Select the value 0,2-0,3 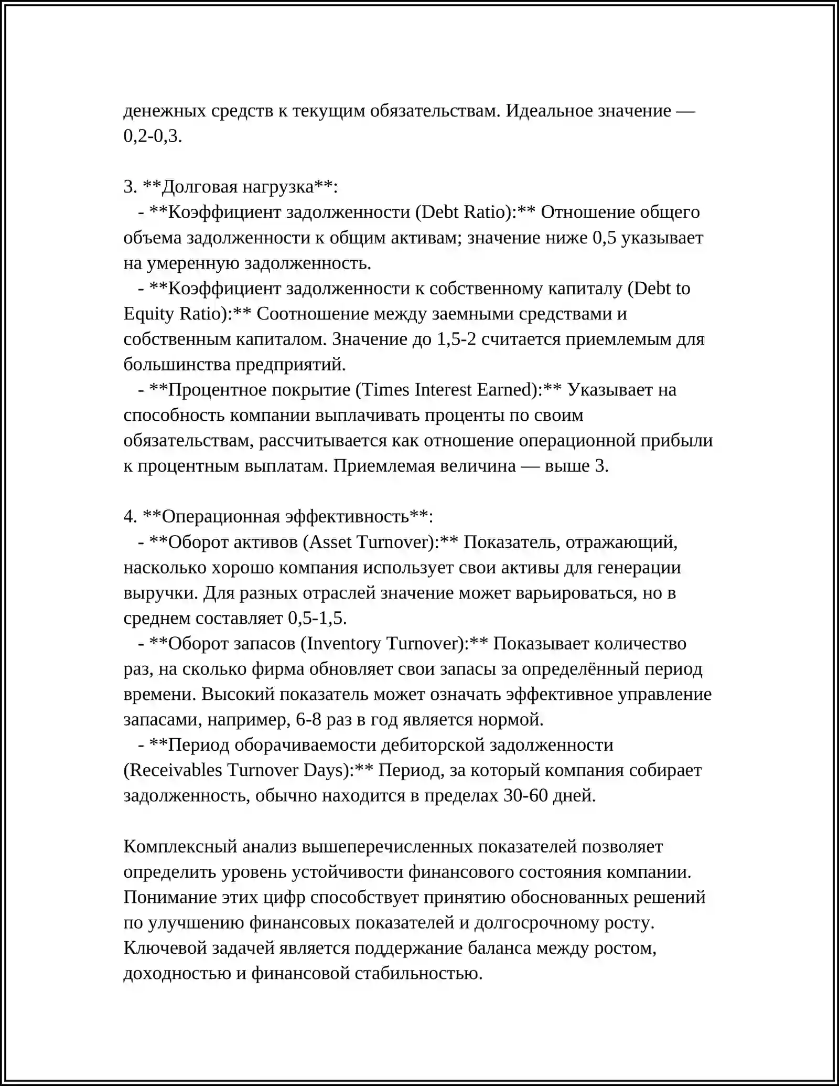pos(152,136)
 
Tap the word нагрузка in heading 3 pos(284,187)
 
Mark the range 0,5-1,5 pos(317,618)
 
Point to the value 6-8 pos(308,719)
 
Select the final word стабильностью pos(418,973)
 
